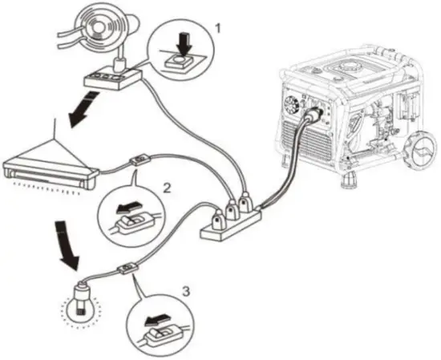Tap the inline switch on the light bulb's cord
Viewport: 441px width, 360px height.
point(127,269)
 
